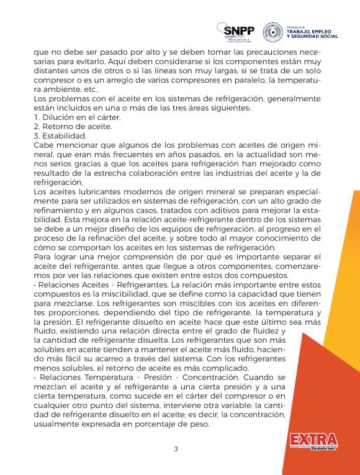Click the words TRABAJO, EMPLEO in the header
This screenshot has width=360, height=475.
(305, 32)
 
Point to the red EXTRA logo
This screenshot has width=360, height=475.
(313, 441)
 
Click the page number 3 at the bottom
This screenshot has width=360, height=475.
(176, 449)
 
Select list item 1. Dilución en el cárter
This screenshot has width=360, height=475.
(77, 117)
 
